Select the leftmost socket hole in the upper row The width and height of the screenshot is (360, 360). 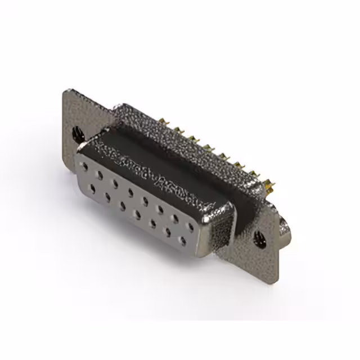pyautogui.click(x=85, y=167)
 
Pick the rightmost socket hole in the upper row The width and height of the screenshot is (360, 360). pyautogui.click(x=191, y=227)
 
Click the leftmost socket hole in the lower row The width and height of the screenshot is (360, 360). pyautogui.click(x=92, y=189)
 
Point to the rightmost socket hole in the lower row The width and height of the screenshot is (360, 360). pyautogui.click(x=182, y=241)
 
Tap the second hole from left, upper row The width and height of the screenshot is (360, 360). pyautogui.click(x=100, y=175)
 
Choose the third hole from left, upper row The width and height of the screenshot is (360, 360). pyautogui.click(x=115, y=184)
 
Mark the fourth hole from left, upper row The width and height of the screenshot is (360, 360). pyautogui.click(x=130, y=192)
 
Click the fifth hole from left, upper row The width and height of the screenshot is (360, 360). pyautogui.click(x=146, y=201)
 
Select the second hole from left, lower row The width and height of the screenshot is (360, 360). pyautogui.click(x=107, y=197)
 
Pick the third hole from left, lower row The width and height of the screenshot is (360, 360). pyautogui.click(x=122, y=206)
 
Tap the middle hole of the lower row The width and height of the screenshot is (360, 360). pyautogui.click(x=137, y=214)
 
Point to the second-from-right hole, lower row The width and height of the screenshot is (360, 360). pyautogui.click(x=168, y=232)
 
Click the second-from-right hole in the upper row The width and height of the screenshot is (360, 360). pyautogui.click(x=176, y=218)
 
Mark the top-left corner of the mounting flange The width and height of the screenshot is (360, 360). pyautogui.click(x=65, y=90)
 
